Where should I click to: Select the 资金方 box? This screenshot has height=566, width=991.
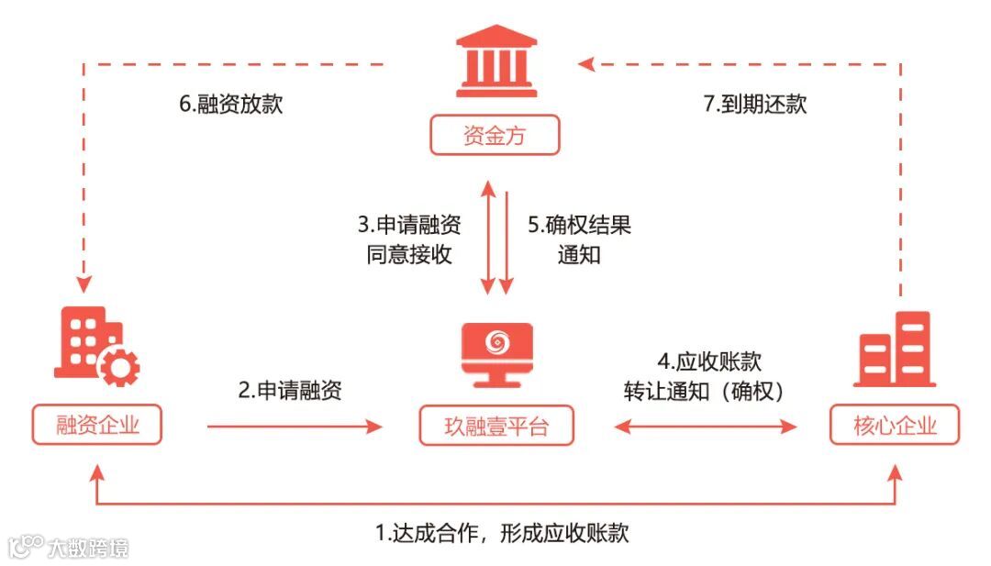(x=495, y=138)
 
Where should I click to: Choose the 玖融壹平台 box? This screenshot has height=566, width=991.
(x=496, y=426)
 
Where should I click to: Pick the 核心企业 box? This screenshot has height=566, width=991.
(x=895, y=426)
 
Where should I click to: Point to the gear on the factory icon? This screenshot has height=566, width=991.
(x=119, y=367)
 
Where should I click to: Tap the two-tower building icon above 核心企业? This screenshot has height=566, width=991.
(x=895, y=348)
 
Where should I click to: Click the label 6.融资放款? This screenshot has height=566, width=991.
(x=230, y=104)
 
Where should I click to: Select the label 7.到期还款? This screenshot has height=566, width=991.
(x=755, y=104)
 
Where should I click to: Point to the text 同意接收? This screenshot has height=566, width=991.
(x=408, y=254)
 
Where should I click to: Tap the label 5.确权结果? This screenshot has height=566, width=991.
(x=580, y=224)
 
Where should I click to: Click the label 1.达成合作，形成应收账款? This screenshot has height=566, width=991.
(x=503, y=533)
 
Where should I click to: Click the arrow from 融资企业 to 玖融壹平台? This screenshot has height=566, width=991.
(x=294, y=426)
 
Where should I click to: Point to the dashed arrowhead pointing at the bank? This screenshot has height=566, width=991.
(x=587, y=63)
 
